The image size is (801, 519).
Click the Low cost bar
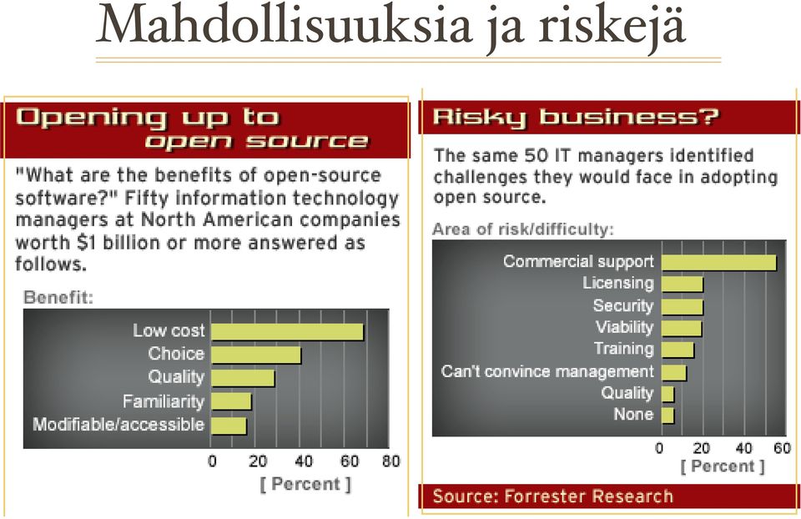click(x=287, y=332)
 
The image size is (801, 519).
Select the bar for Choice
click(x=256, y=355)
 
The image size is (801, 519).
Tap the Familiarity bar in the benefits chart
click(x=231, y=401)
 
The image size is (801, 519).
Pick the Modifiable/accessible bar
click(x=229, y=426)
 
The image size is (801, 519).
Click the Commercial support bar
click(x=718, y=263)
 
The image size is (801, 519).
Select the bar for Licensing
click(x=683, y=285)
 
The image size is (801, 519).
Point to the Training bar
click(x=678, y=350)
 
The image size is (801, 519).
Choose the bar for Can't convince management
click(x=674, y=372)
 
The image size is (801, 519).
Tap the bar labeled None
click(x=667, y=416)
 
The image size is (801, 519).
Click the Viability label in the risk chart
click(x=625, y=327)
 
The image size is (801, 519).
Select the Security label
click(x=623, y=305)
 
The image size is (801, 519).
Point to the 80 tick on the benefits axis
click(x=390, y=461)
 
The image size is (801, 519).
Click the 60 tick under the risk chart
click(x=782, y=449)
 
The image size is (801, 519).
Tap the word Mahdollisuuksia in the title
click(x=285, y=24)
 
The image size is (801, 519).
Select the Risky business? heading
click(x=576, y=117)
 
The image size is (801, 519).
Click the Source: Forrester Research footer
click(x=552, y=496)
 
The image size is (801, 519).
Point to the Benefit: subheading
click(x=58, y=297)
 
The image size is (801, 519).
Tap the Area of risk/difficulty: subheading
click(x=523, y=229)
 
